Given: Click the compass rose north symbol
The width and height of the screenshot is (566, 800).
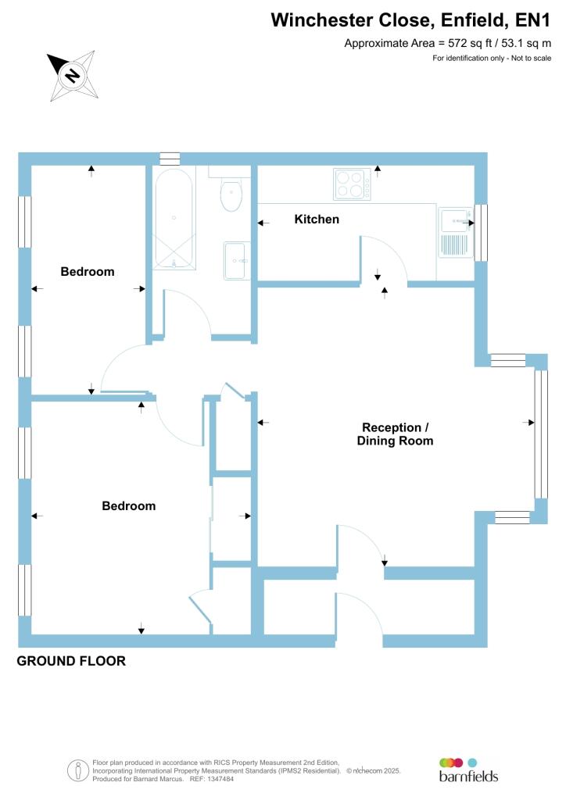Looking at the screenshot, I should pyautogui.click(x=73, y=75).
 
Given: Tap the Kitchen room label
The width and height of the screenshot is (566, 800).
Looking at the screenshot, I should pyautogui.click(x=317, y=220).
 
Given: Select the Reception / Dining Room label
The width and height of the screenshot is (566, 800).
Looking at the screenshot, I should pyautogui.click(x=395, y=434).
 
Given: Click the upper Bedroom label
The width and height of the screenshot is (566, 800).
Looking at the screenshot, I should pyautogui.click(x=88, y=272).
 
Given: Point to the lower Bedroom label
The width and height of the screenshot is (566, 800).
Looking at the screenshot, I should pyautogui.click(x=129, y=505).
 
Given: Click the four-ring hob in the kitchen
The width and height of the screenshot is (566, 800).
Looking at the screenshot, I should pyautogui.click(x=352, y=184).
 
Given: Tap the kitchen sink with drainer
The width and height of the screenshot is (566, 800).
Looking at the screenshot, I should pyautogui.click(x=454, y=233).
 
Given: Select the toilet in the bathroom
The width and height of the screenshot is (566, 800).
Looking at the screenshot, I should pyautogui.click(x=231, y=195).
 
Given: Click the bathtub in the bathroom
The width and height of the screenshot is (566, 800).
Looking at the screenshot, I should pyautogui.click(x=174, y=219).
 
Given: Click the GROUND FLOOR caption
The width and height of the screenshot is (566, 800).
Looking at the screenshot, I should pyautogui.click(x=71, y=661).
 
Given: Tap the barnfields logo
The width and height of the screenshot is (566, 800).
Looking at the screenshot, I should pyautogui.click(x=467, y=770).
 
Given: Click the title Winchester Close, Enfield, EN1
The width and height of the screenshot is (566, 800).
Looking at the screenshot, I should pyautogui.click(x=416, y=20).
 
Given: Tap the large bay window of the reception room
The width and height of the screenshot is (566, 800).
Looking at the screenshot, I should pyautogui.click(x=539, y=434).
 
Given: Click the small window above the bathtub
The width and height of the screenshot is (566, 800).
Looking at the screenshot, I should pyautogui.click(x=170, y=159).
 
